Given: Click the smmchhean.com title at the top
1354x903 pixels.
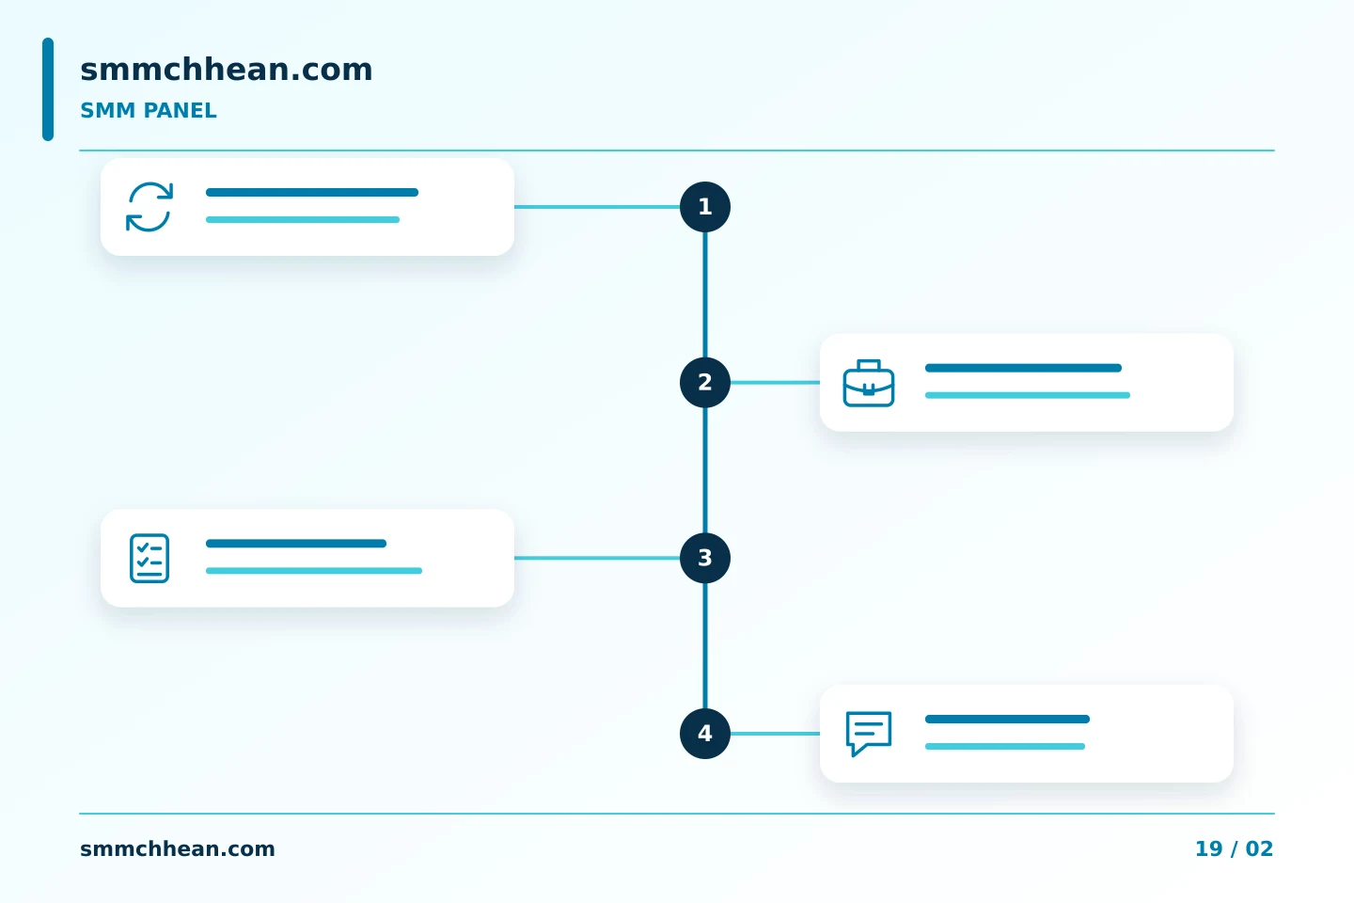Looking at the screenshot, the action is tap(226, 70).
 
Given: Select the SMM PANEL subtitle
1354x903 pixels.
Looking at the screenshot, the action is tap(149, 111).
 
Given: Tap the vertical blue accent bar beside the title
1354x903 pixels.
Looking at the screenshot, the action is tap(48, 89).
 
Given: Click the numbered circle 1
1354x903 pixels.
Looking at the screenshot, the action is tap(705, 207).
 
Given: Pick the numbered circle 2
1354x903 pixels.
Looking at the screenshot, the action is tap(705, 382).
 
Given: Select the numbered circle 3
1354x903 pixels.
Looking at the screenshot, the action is tap(705, 558).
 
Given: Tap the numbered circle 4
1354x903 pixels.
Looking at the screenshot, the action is tap(705, 734).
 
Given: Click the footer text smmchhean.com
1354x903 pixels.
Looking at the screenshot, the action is tap(177, 848).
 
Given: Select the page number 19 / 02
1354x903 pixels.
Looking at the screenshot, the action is tap(1234, 848).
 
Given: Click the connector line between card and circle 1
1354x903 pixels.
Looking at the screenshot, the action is tap(597, 207).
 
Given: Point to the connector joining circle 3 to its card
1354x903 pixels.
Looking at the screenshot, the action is tap(597, 558).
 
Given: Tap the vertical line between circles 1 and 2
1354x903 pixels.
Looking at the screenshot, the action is tap(705, 294).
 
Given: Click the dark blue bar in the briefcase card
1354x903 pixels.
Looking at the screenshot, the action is tap(1023, 368).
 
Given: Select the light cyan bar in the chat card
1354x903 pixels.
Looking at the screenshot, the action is tap(1004, 746).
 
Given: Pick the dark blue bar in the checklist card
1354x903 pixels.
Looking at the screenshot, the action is tap(296, 543).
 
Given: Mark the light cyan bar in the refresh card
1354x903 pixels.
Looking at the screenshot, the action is tap(303, 219).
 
